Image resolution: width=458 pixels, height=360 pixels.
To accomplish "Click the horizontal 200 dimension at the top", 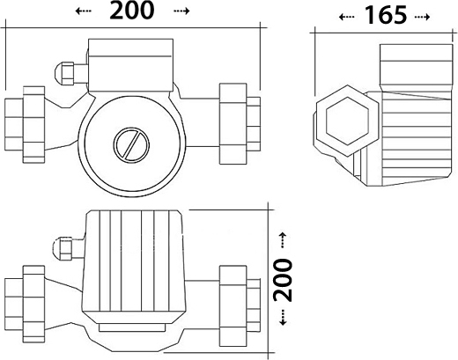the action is pyautogui.click(x=132, y=11).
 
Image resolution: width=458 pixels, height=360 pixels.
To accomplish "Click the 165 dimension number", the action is pyautogui.click(x=386, y=16).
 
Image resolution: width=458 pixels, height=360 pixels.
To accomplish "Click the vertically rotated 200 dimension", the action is pyautogui.click(x=283, y=280).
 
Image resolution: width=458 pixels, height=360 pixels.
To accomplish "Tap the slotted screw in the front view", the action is pyautogui.click(x=131, y=145).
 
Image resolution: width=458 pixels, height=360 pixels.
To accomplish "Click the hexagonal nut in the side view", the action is pyautogui.click(x=347, y=121).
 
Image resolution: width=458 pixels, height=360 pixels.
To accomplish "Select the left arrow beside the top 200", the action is pyautogui.click(x=84, y=11).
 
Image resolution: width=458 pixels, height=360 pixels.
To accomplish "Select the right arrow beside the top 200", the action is pyautogui.click(x=181, y=11).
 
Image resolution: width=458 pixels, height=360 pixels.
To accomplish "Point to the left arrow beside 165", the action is pyautogui.click(x=347, y=17).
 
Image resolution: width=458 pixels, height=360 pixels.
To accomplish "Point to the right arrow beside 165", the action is pyautogui.click(x=422, y=17).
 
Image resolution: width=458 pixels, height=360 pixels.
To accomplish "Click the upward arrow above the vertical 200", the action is pyautogui.click(x=283, y=240).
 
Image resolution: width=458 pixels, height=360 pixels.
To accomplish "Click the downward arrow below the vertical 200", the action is pyautogui.click(x=283, y=318).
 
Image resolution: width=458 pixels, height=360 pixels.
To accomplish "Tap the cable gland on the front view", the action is pyautogui.click(x=71, y=73).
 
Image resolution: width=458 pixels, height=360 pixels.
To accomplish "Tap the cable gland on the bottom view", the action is pyautogui.click(x=68, y=248).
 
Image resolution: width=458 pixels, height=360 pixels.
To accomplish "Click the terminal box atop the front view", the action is pyautogui.click(x=130, y=65).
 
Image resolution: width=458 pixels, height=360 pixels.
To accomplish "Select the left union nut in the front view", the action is pyautogui.click(x=33, y=125).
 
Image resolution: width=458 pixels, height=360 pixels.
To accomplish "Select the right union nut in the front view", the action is pyautogui.click(x=233, y=124).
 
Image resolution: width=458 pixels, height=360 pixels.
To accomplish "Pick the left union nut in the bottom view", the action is pyautogui.click(x=33, y=304).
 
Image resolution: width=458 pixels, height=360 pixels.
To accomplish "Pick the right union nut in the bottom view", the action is pyautogui.click(x=233, y=305).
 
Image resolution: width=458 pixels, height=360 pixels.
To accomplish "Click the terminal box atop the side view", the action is pyautogui.click(x=417, y=68).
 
